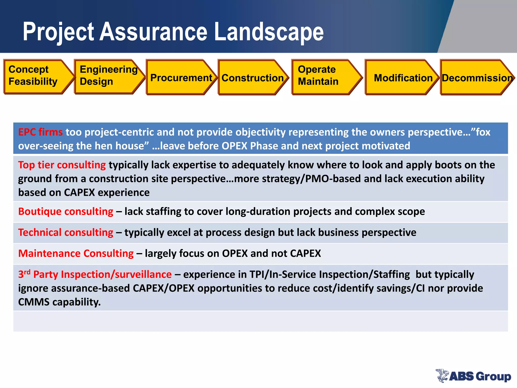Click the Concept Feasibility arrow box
[35, 77]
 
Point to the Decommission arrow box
[476, 77]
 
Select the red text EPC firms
[40, 132]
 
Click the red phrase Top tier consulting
[62, 165]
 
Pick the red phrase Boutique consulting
[66, 211]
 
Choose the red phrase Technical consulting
[66, 232]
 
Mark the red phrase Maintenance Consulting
[76, 253]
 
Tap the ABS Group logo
[473, 376]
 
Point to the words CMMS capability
[59, 302]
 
